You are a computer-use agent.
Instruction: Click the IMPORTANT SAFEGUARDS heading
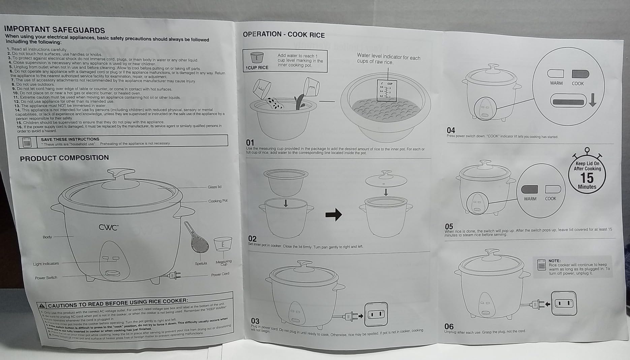54,30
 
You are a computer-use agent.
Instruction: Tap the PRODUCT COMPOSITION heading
64,158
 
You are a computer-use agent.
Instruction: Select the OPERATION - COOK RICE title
284,34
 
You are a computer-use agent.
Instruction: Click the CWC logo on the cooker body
108,227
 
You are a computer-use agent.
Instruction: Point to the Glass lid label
215,187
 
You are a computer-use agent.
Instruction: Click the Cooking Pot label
218,201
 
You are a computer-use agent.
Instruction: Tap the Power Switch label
46,278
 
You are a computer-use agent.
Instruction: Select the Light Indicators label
46,264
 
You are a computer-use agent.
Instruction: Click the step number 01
250,142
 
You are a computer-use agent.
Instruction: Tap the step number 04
451,130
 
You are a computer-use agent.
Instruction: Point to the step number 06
449,326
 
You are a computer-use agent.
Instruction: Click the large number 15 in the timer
587,178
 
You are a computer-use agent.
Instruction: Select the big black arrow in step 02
334,215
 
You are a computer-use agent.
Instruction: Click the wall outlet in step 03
376,314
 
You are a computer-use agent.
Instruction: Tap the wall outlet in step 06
564,303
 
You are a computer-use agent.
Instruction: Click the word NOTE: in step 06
554,261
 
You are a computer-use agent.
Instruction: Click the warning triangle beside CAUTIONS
42,306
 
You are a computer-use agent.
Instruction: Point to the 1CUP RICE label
257,67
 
